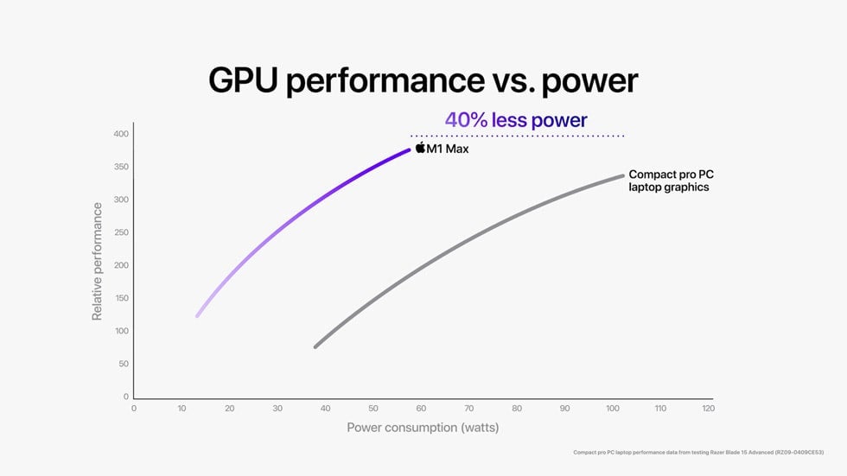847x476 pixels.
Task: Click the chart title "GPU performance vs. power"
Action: click(x=423, y=80)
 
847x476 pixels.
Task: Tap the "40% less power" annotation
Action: click(x=516, y=120)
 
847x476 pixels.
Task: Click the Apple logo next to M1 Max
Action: click(x=420, y=149)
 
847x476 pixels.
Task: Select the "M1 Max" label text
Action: click(x=448, y=149)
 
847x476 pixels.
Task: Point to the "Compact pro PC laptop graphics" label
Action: click(x=671, y=181)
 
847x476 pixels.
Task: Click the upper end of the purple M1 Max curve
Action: click(x=409, y=150)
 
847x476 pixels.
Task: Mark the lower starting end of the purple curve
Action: click(x=197, y=315)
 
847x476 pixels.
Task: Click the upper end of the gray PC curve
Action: click(x=622, y=176)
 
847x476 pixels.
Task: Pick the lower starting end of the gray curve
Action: click(x=315, y=346)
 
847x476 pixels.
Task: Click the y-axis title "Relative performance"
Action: click(x=97, y=262)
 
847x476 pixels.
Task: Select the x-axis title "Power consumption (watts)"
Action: click(x=423, y=428)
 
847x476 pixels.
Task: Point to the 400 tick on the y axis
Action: click(x=120, y=134)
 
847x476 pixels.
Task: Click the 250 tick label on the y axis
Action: click(x=120, y=232)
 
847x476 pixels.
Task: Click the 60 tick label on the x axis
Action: click(x=421, y=408)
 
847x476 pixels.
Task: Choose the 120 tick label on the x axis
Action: click(x=708, y=408)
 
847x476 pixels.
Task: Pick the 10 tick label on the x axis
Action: click(x=181, y=408)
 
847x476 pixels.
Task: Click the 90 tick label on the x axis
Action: click(x=564, y=408)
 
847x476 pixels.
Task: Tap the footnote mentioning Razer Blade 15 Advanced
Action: click(x=698, y=452)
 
